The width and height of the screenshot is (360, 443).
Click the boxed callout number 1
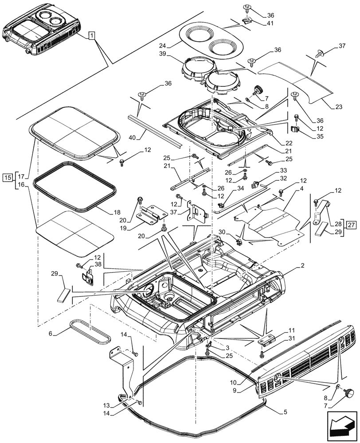point(91,35)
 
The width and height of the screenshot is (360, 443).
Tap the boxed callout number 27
point(351,225)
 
